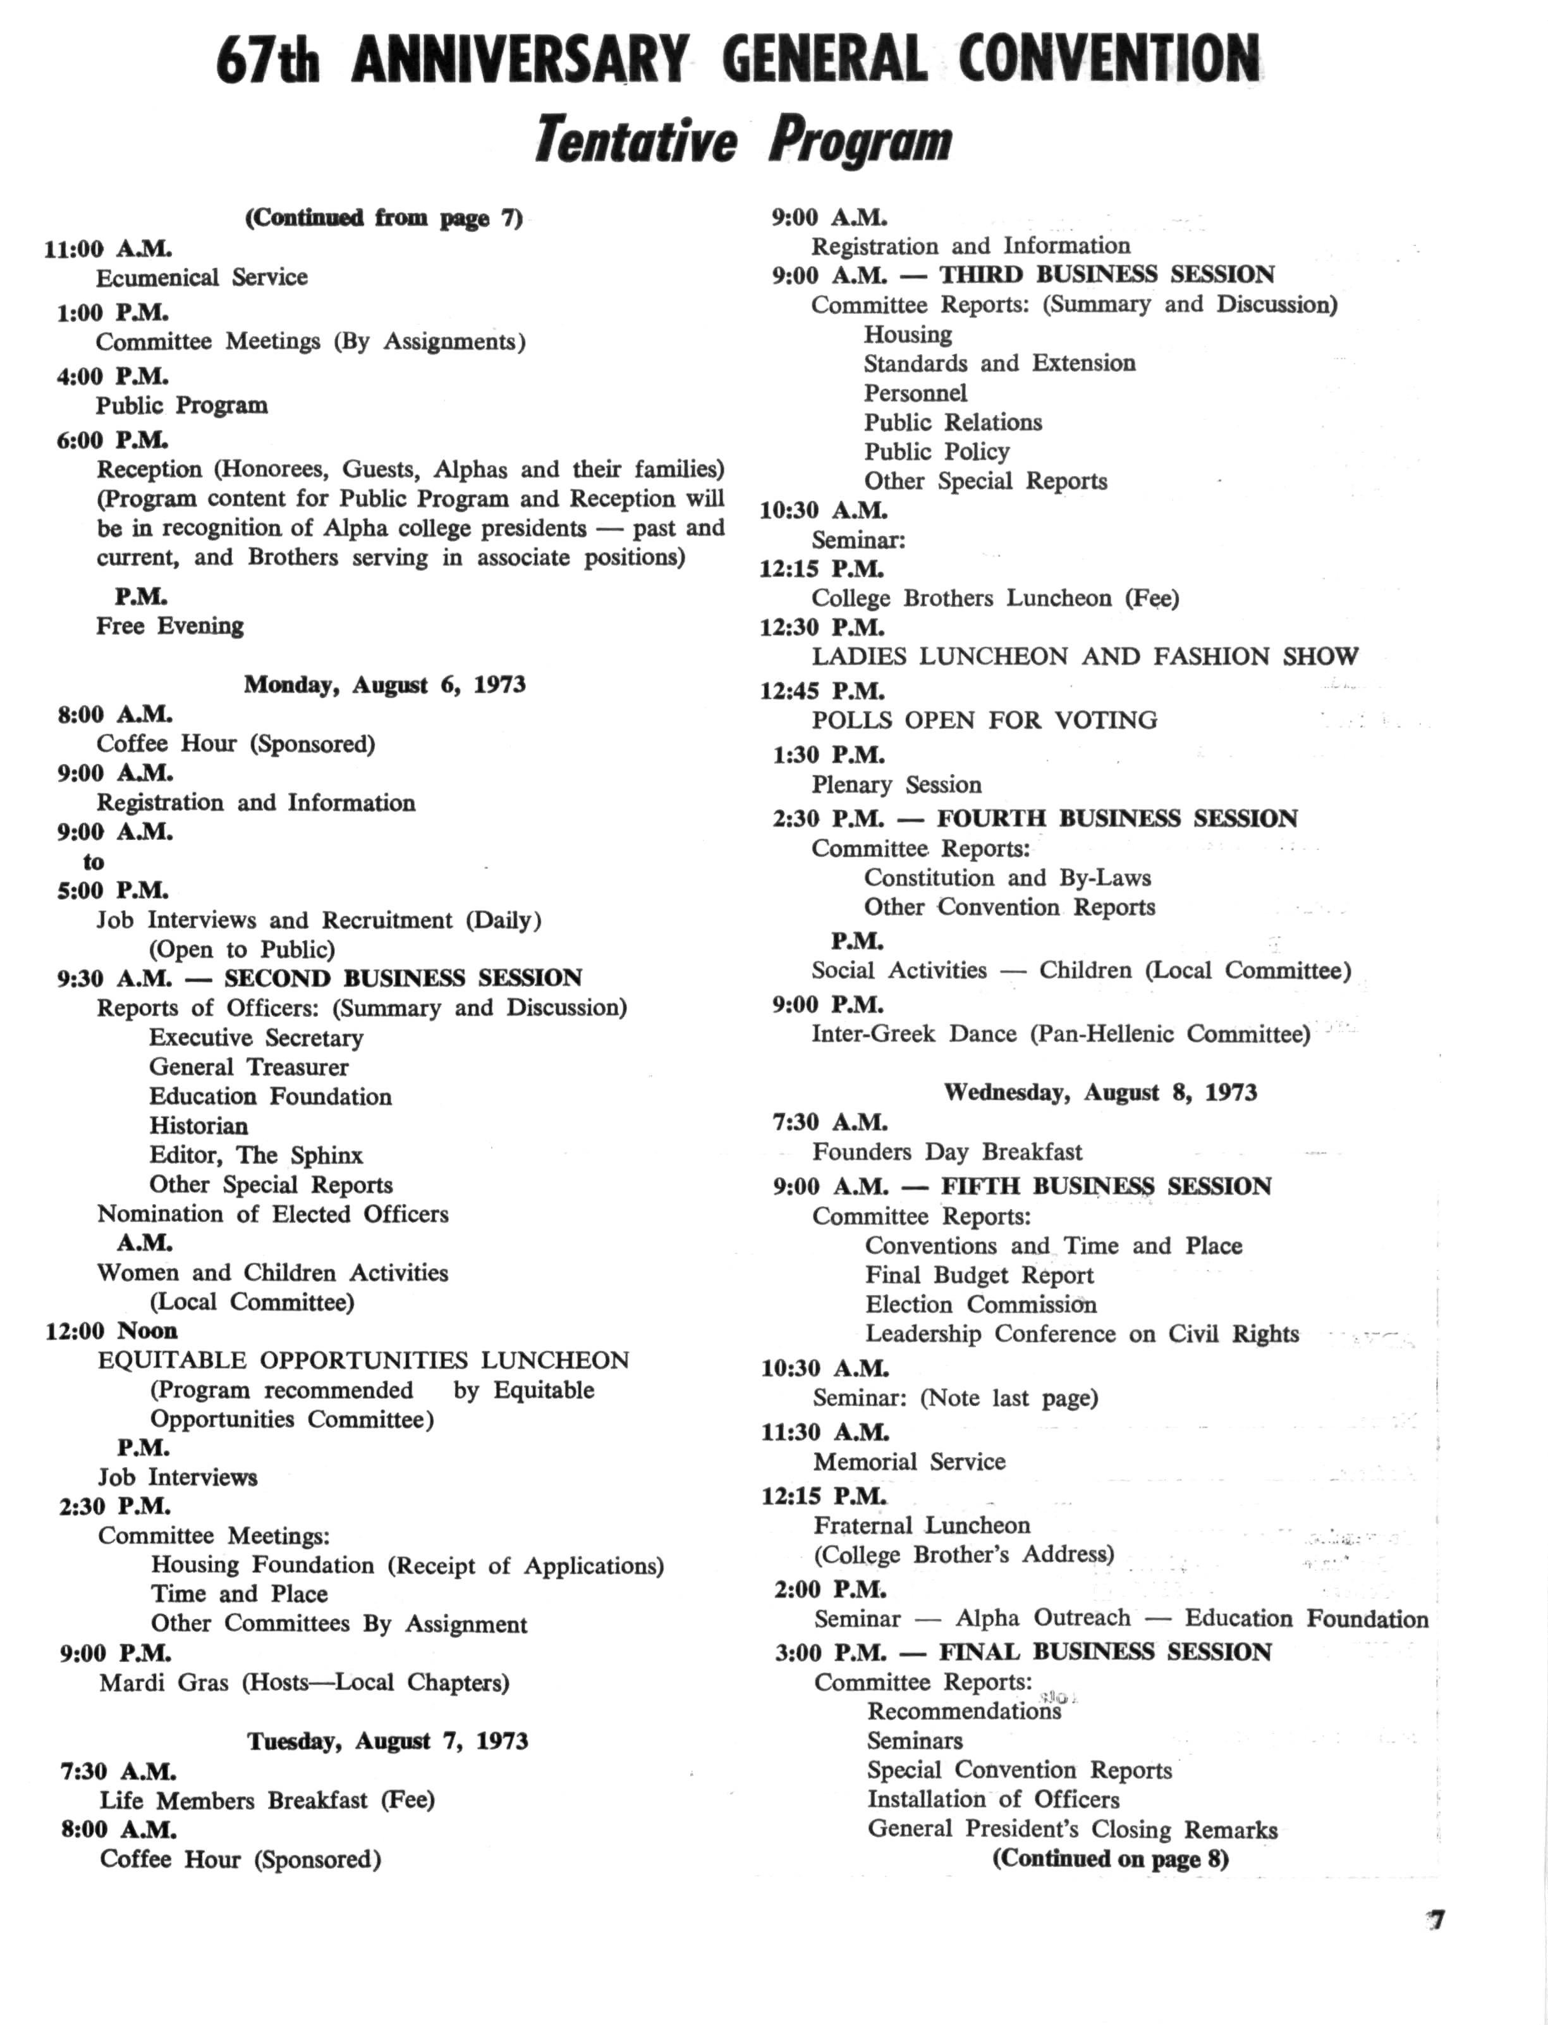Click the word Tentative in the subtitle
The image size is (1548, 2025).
tap(636, 141)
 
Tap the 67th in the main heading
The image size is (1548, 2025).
tap(268, 61)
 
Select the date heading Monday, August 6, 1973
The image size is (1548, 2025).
tap(384, 685)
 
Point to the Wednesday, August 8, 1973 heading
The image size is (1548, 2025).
tap(1100, 1092)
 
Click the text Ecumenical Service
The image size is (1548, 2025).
tap(202, 278)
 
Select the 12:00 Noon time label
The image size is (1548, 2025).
tap(111, 1331)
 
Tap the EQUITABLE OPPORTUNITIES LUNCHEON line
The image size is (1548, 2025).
tap(363, 1360)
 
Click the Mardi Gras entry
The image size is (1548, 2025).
tap(304, 1683)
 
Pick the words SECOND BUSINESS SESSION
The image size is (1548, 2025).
tap(403, 978)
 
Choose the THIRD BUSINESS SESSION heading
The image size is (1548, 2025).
tap(1107, 274)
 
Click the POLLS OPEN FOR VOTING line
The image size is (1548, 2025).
tap(984, 720)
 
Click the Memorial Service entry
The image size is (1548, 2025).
tap(908, 1462)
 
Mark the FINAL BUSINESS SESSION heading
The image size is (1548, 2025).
tap(1105, 1652)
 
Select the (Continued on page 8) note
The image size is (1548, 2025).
tap(1111, 1858)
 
